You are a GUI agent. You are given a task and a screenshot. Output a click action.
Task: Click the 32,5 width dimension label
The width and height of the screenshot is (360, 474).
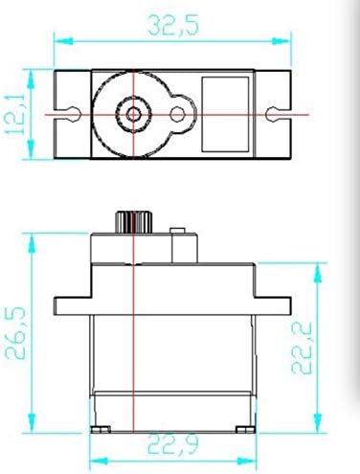tap(173, 25)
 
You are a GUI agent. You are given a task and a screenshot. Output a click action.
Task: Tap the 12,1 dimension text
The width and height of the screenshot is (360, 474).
tap(14, 113)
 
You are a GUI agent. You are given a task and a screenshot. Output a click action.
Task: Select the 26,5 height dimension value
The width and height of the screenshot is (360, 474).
tap(15, 333)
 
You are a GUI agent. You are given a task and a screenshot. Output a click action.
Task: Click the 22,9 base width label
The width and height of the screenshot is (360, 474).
tap(173, 444)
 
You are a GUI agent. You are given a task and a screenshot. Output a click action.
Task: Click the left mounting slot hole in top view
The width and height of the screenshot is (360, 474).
tap(74, 114)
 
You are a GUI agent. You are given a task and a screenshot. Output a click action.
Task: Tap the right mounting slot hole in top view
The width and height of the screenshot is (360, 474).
tap(272, 114)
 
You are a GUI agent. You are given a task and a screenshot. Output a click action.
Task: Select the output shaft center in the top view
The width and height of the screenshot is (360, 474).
tap(133, 114)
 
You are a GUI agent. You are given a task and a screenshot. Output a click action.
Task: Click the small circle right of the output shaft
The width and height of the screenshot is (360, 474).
tap(177, 114)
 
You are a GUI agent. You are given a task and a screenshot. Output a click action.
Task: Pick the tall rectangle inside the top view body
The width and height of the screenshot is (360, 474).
tap(225, 114)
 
